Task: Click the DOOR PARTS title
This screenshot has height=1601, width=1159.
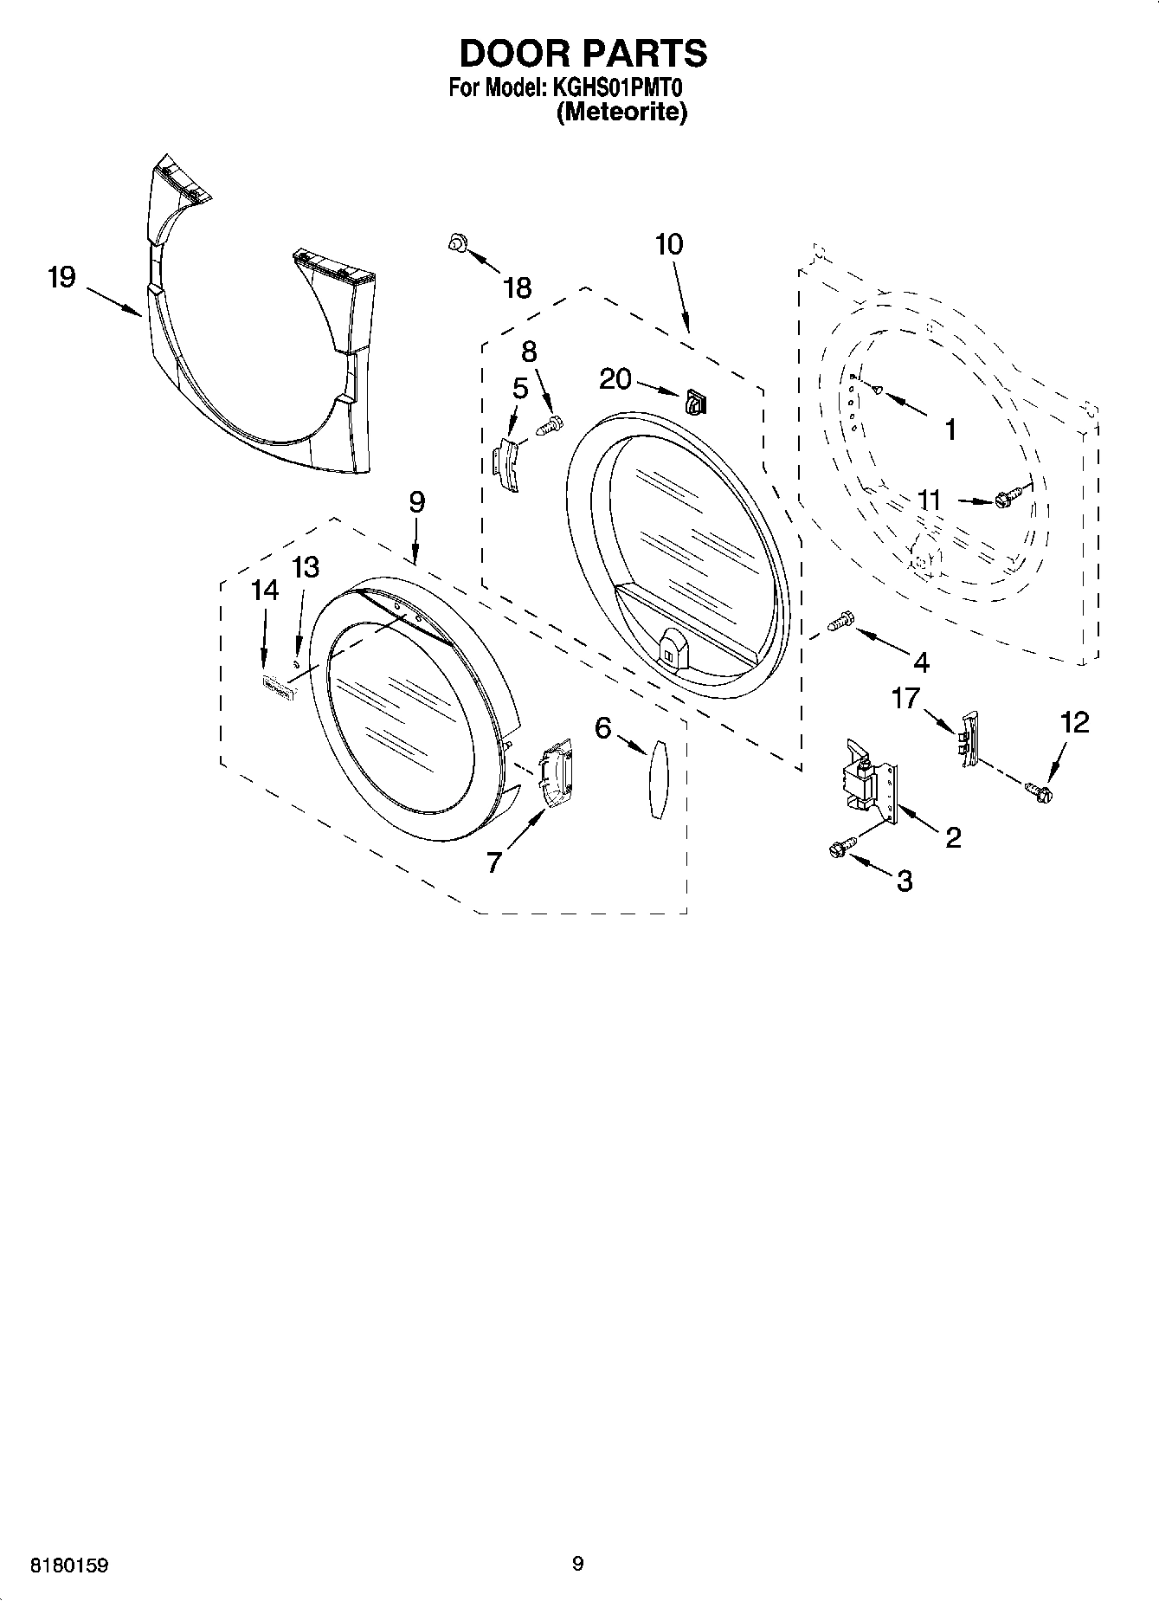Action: tap(583, 54)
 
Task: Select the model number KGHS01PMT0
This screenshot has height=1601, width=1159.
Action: tap(617, 89)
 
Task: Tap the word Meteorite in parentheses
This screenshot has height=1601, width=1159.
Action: tap(621, 113)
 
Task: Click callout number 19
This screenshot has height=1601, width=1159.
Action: tap(61, 279)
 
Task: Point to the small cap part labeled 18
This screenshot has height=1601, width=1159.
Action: tap(456, 245)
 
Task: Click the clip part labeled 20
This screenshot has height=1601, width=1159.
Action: tap(695, 401)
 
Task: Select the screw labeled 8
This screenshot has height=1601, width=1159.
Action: tap(550, 425)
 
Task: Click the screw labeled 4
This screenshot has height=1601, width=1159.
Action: tap(839, 620)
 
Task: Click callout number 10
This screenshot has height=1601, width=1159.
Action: tap(669, 245)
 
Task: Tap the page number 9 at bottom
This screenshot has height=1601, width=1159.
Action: tap(578, 1563)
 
